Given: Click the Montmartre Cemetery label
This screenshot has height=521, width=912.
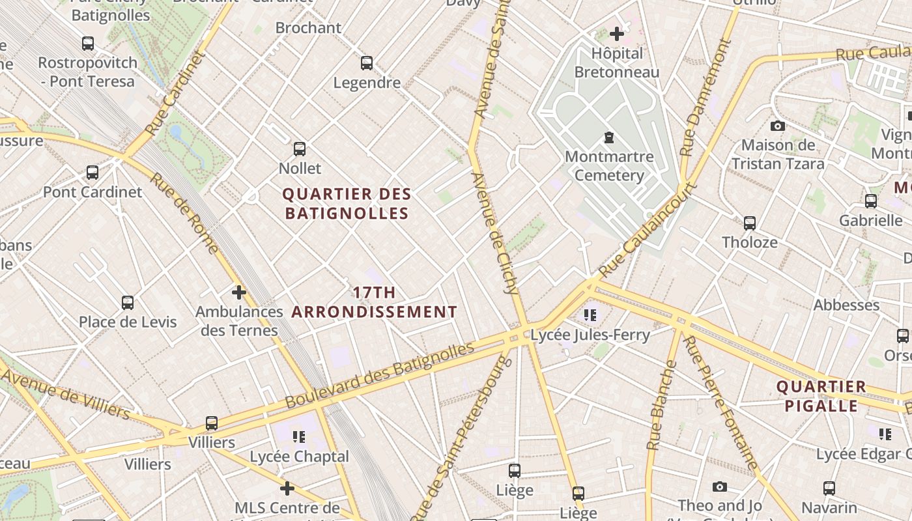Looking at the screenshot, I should pyautogui.click(x=609, y=166).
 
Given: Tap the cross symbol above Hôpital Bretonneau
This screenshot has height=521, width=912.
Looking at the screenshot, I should pyautogui.click(x=617, y=34).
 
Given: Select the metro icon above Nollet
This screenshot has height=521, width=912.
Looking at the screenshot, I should pyautogui.click(x=300, y=149).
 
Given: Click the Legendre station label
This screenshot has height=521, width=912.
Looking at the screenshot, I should pyautogui.click(x=367, y=83).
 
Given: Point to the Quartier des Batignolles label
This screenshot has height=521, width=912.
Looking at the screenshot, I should pyautogui.click(x=347, y=203).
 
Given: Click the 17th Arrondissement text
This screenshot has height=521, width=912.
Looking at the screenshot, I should pyautogui.click(x=374, y=302).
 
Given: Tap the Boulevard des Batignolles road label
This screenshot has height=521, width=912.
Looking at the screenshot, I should pyautogui.click(x=380, y=375).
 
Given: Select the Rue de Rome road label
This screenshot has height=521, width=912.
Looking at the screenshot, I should pyautogui.click(x=184, y=213).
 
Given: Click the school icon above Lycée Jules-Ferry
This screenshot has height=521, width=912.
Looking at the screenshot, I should pyautogui.click(x=590, y=316).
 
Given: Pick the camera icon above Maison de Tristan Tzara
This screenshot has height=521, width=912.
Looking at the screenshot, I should pyautogui.click(x=777, y=126).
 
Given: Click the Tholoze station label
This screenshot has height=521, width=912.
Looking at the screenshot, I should pyautogui.click(x=749, y=242).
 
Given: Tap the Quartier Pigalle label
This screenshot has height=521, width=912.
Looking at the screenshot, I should pyautogui.click(x=821, y=396).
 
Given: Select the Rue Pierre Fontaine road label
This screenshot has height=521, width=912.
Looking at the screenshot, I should pyautogui.click(x=720, y=402).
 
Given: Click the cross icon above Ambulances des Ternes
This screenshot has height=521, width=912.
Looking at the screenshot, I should pyautogui.click(x=239, y=292).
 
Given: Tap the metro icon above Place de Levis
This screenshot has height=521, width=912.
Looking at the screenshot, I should pyautogui.click(x=128, y=303).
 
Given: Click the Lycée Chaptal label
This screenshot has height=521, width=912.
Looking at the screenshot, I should pyautogui.click(x=300, y=457).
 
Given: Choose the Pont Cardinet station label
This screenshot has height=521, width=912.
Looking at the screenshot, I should pyautogui.click(x=93, y=192).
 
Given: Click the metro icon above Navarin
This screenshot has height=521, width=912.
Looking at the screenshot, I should pyautogui.click(x=829, y=488).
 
